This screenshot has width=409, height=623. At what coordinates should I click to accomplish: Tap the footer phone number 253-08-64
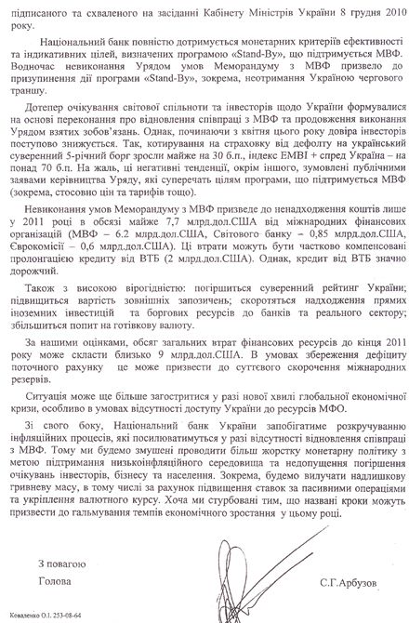tap(73, 616)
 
